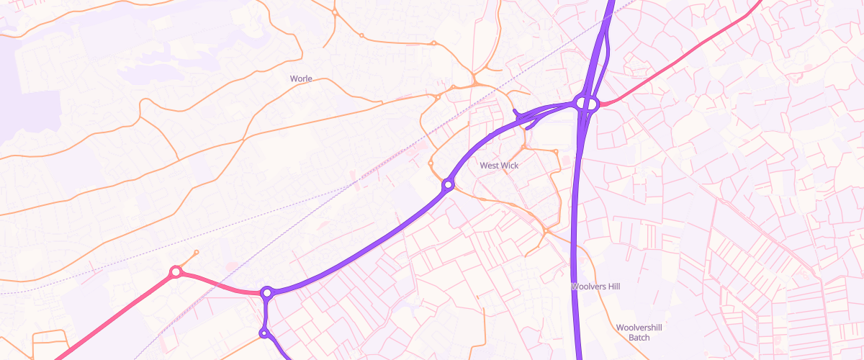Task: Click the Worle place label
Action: [x=301, y=78]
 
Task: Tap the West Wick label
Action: [x=499, y=166]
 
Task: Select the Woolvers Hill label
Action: [x=595, y=287]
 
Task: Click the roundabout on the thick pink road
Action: [x=175, y=272]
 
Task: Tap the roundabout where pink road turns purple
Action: [x=267, y=293]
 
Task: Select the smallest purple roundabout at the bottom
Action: [x=264, y=332]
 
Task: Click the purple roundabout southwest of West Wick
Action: [x=448, y=186]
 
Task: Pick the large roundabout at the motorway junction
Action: [x=588, y=104]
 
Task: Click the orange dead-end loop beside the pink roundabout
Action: [x=196, y=253]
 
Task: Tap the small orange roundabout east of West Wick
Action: [x=556, y=151]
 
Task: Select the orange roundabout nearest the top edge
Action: [x=335, y=13]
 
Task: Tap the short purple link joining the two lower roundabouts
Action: [x=266, y=313]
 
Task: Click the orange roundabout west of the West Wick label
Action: [x=431, y=163]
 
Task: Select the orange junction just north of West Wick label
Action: [x=525, y=147]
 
